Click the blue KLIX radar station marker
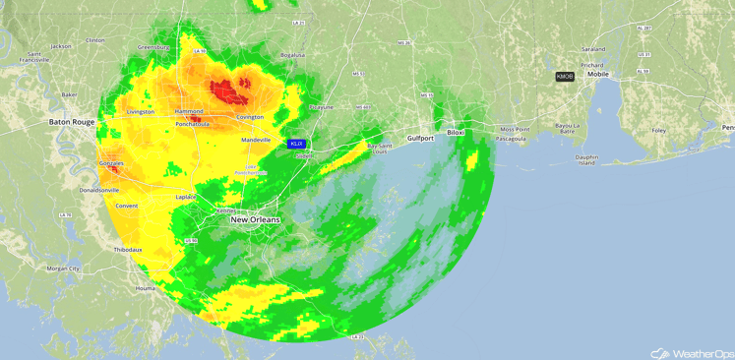[x=296, y=144]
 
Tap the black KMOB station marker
[x=565, y=76]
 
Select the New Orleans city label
[x=255, y=219]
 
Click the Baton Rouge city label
[x=71, y=122]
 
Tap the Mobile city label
[x=598, y=74]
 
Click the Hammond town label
[x=189, y=112]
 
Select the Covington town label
[x=250, y=117]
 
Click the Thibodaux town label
[x=128, y=250]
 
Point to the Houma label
[x=145, y=288]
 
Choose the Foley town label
[x=658, y=130]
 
